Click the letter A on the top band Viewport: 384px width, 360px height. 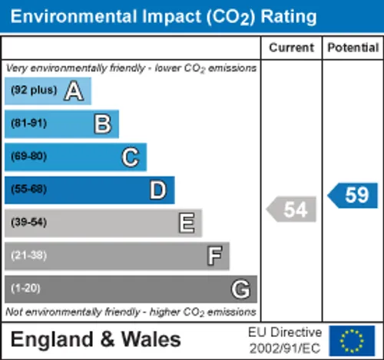point(74,91)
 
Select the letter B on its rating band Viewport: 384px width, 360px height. point(103,124)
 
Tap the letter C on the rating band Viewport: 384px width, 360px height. point(131,157)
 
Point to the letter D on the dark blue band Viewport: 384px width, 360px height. point(158,190)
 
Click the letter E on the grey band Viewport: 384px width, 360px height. point(187,223)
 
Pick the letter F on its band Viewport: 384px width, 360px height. point(214,256)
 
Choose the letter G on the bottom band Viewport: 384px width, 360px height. point(240,289)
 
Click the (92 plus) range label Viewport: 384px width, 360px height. point(34,90)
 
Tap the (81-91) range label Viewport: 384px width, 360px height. point(29,124)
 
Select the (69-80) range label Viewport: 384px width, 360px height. point(29,157)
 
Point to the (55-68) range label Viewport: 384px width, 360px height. point(29,190)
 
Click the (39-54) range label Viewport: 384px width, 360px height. point(29,222)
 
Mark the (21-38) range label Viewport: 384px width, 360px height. point(29,256)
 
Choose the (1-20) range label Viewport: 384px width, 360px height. point(25,289)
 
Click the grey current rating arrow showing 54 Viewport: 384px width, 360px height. point(291,210)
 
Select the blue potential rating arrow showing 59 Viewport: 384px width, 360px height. point(353,196)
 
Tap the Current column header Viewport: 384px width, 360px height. point(291,48)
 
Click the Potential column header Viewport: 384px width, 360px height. point(353,48)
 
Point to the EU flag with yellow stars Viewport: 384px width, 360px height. point(352,341)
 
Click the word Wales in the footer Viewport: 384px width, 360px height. point(151,339)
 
